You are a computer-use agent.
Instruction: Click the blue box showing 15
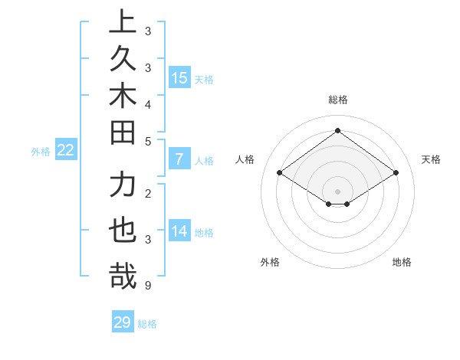(x=179, y=78)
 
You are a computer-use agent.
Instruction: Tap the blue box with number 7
(x=179, y=159)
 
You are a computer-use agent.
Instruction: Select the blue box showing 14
(x=179, y=231)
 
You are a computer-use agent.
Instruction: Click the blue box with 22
(x=66, y=150)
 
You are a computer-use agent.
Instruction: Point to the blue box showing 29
(x=123, y=322)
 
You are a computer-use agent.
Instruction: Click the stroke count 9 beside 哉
(x=147, y=286)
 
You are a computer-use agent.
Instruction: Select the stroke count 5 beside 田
(x=147, y=141)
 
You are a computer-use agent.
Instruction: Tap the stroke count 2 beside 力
(x=147, y=192)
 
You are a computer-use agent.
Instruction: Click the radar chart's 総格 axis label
(x=337, y=99)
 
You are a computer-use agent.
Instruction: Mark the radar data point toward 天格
(x=396, y=173)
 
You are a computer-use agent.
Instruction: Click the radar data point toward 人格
(x=280, y=173)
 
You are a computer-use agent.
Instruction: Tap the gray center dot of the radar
(x=337, y=191)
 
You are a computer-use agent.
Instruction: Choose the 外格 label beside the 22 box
(x=41, y=152)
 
